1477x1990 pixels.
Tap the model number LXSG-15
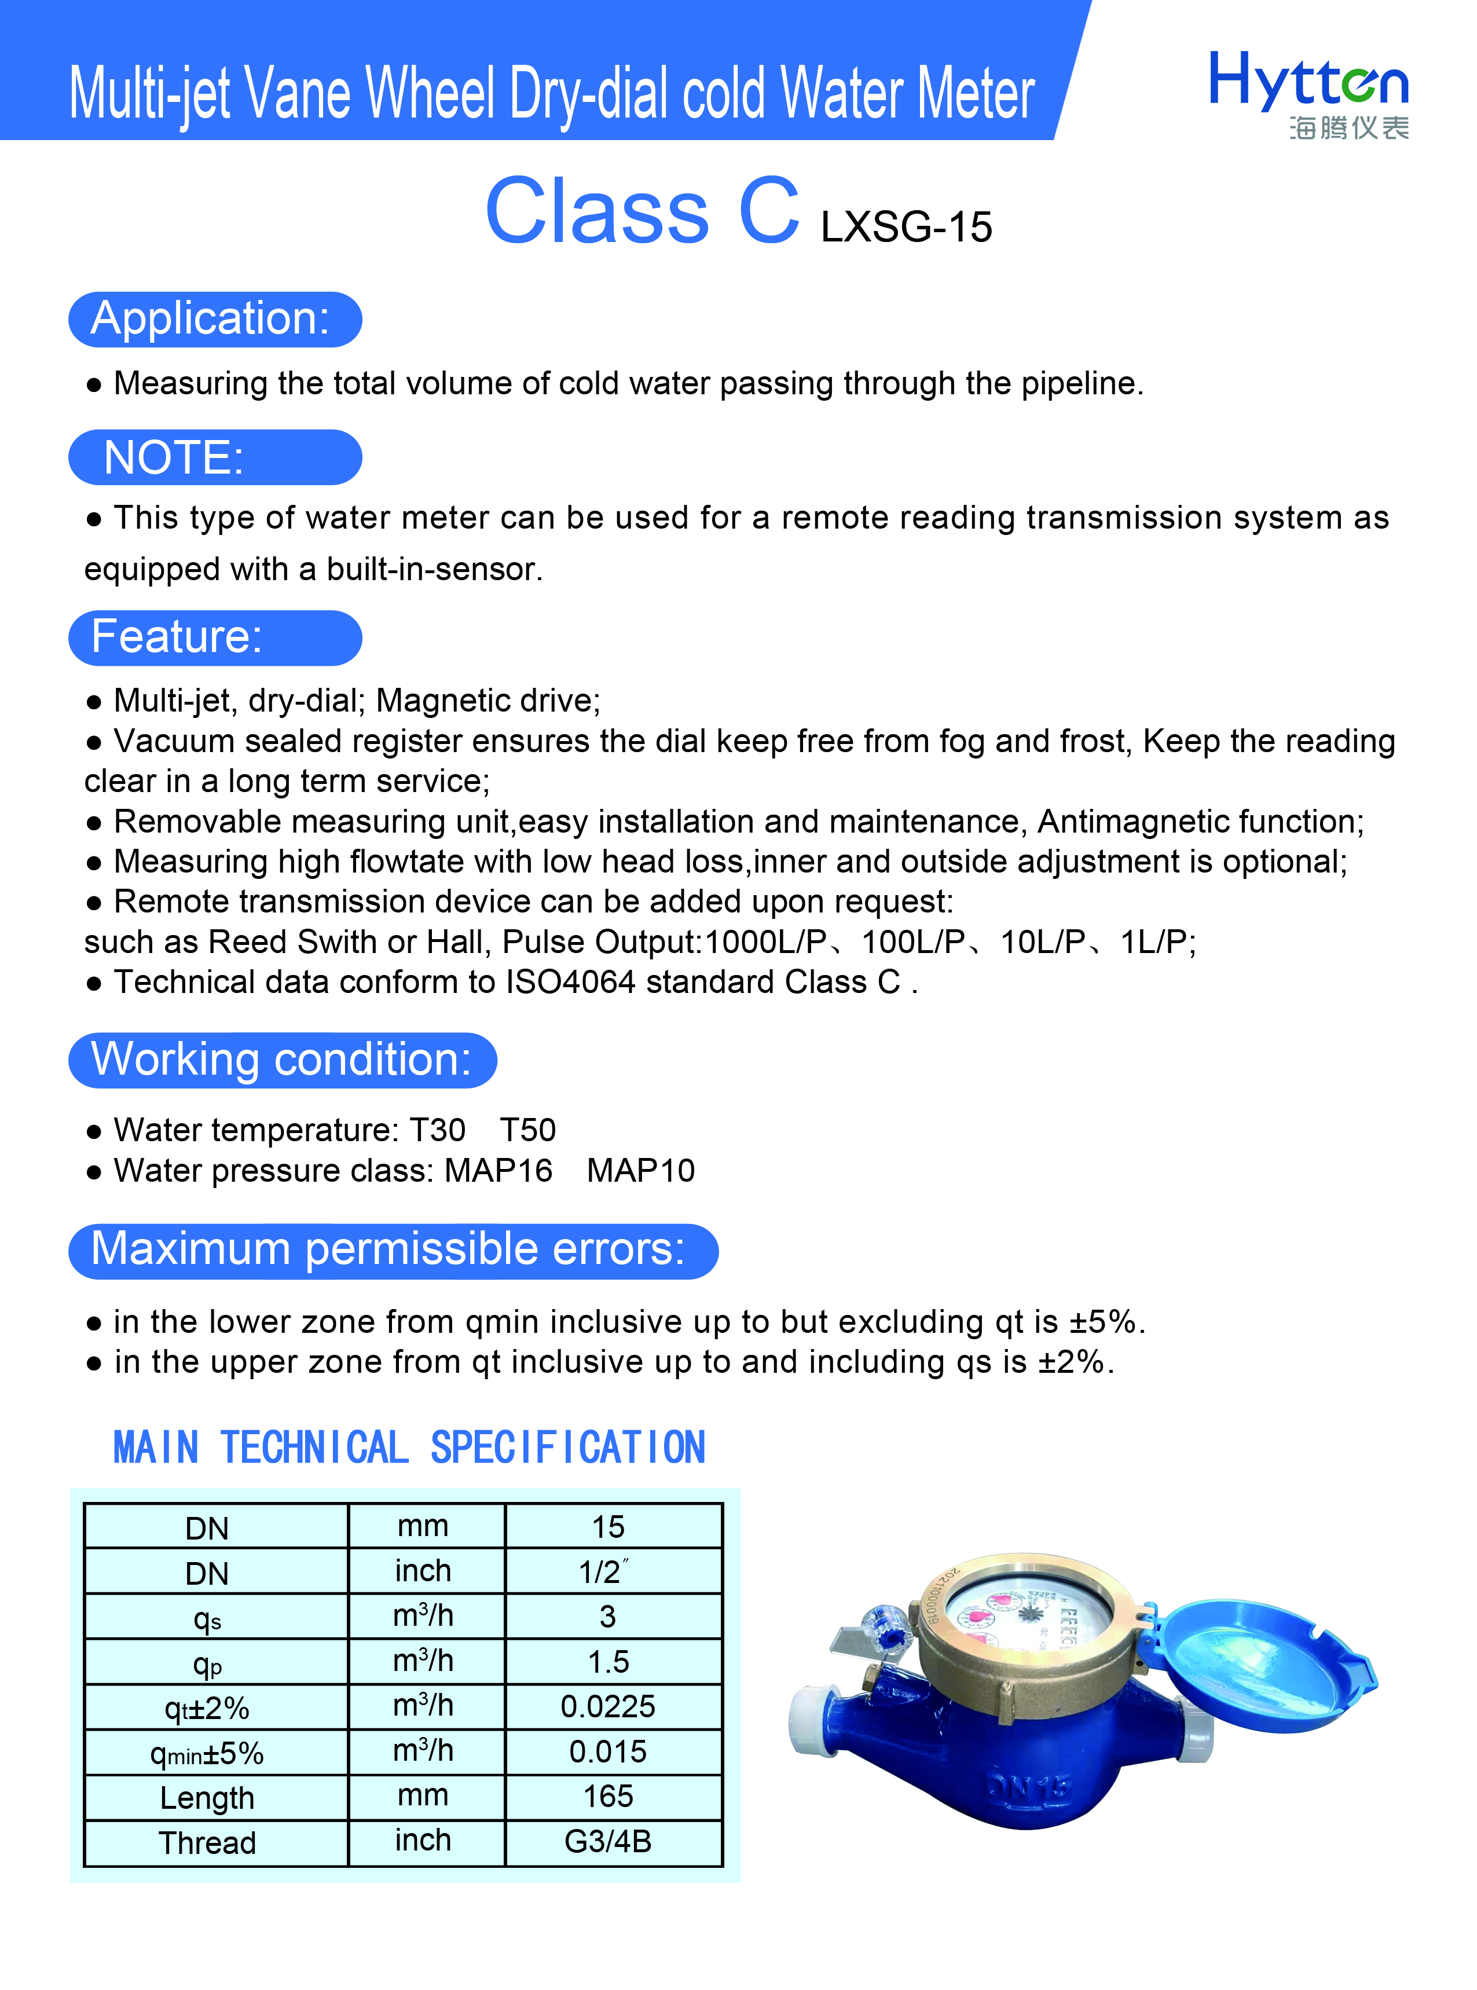click(906, 227)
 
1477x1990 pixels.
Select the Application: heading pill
click(215, 319)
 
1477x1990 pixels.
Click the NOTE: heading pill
click(215, 458)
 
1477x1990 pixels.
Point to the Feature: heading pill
click(215, 637)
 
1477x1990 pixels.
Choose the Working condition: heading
click(281, 1060)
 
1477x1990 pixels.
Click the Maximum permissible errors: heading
click(393, 1250)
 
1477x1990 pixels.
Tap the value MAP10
click(640, 1170)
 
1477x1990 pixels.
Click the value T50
click(527, 1130)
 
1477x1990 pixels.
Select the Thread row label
click(207, 1842)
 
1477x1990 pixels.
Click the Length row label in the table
click(207, 1797)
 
